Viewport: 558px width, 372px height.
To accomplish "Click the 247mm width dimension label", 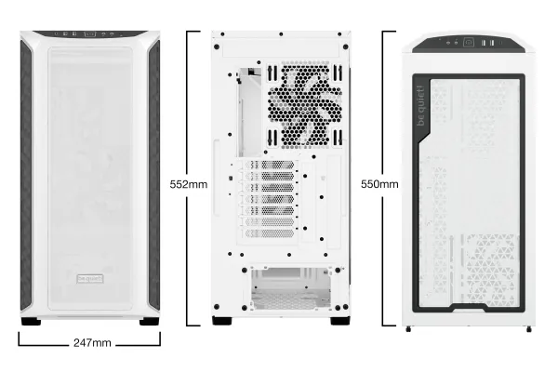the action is pos(92,343).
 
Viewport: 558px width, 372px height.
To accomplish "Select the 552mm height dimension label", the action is pos(188,184).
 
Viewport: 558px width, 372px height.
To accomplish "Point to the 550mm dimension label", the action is pos(379,184).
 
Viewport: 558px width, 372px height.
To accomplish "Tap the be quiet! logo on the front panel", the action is pos(90,279).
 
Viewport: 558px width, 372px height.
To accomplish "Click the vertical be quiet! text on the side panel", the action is pos(421,105).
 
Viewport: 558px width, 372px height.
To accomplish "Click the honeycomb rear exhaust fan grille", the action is pos(305,105).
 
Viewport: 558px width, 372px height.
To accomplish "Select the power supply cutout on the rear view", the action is pos(291,288).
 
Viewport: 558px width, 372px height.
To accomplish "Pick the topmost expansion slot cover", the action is pos(270,165).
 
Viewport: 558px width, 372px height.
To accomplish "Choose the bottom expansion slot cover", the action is pos(270,233).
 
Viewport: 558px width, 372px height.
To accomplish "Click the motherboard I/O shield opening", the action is pos(250,113).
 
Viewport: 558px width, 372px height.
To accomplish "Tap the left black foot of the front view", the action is pos(31,322).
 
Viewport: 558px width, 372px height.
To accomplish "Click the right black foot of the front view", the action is pos(149,322).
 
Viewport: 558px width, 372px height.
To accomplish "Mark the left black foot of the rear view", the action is pos(222,320).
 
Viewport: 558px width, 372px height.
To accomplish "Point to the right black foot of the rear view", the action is pos(340,320).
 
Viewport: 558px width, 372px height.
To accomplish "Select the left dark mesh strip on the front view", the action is pos(26,175).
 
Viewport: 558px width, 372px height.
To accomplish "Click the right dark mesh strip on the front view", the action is pos(154,175).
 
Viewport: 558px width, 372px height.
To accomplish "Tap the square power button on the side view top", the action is pos(469,43).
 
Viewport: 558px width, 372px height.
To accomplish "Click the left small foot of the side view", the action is pos(408,329).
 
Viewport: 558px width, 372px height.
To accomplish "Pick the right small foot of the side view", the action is pos(529,329).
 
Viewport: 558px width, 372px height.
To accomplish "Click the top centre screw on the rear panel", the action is pos(281,34).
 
